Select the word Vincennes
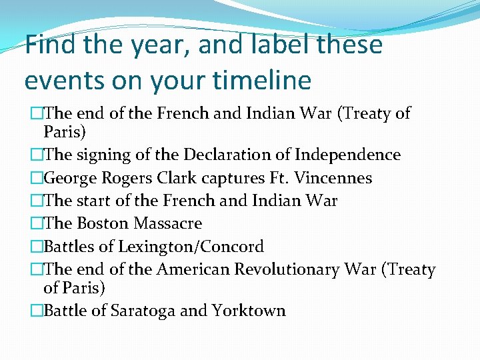click(333, 178)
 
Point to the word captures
click(261, 178)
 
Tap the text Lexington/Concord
click(191, 247)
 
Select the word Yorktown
click(249, 311)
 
